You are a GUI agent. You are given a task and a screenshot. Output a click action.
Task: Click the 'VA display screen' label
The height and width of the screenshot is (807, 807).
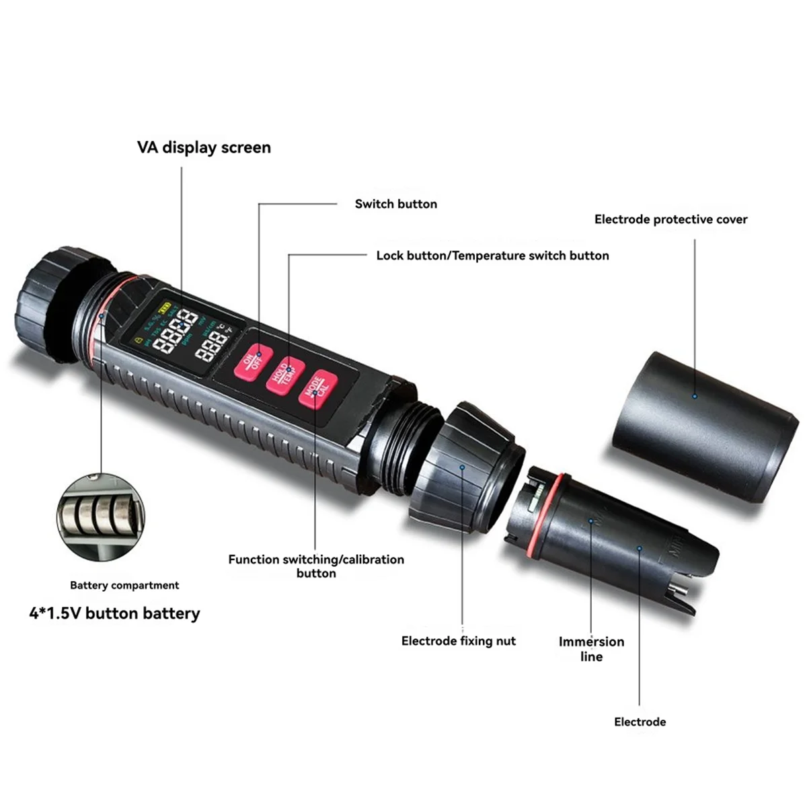pyautogui.click(x=204, y=148)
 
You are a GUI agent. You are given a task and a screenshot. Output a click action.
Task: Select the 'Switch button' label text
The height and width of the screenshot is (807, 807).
pyautogui.click(x=395, y=204)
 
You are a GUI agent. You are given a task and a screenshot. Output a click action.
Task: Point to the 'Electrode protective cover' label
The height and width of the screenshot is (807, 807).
pyautogui.click(x=670, y=219)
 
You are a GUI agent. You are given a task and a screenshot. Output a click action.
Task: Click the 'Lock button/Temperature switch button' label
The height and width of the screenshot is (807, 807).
pyautogui.click(x=492, y=256)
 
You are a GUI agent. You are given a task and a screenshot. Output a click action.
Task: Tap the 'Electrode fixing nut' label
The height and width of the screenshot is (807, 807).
pyautogui.click(x=458, y=641)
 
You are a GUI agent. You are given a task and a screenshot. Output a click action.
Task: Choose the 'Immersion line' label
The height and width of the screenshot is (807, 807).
pyautogui.click(x=591, y=649)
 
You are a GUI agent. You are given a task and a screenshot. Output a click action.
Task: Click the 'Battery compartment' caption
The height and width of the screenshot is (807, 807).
pyautogui.click(x=124, y=585)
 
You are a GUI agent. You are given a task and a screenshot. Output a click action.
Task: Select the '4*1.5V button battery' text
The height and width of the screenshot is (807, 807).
pyautogui.click(x=114, y=613)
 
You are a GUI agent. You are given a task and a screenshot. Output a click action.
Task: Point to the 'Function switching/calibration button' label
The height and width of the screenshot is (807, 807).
pyautogui.click(x=316, y=566)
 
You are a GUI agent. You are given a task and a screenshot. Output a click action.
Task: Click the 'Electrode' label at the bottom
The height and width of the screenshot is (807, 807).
pyautogui.click(x=640, y=722)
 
